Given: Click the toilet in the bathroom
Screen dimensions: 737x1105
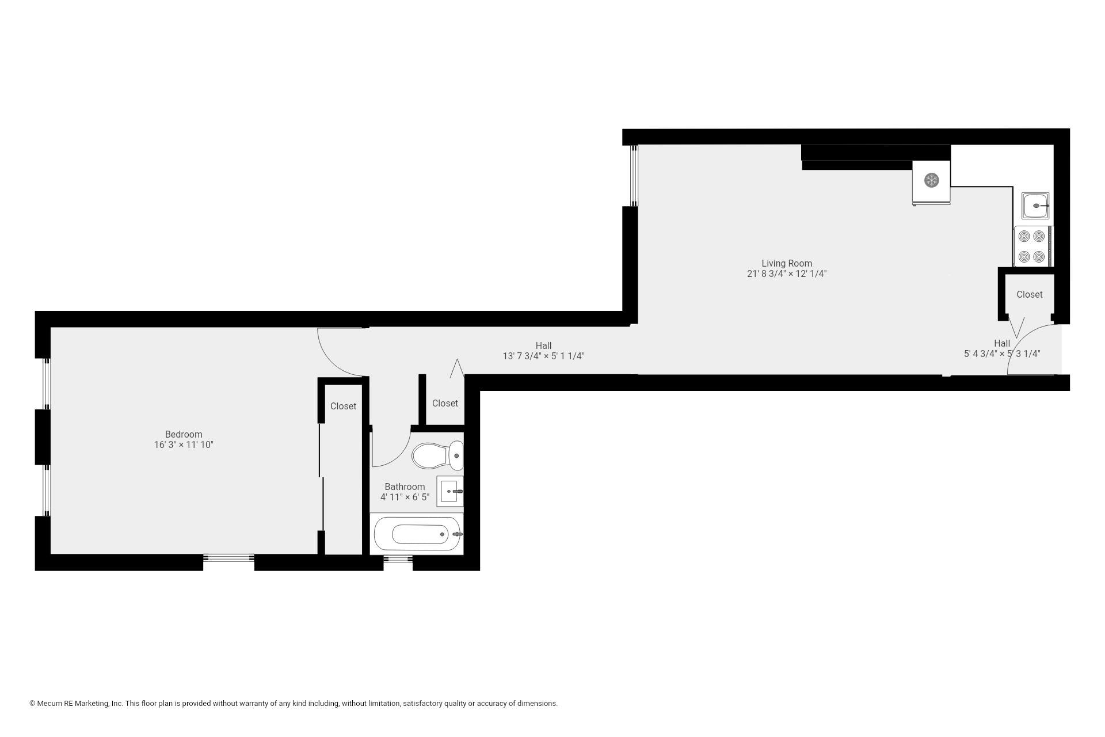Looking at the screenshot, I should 437,455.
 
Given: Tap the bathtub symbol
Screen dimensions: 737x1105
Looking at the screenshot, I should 418,534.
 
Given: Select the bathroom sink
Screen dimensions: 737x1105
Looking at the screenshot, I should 449,491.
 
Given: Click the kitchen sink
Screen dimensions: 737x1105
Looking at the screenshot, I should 1035,206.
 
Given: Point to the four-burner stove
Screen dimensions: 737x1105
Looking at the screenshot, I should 1031,246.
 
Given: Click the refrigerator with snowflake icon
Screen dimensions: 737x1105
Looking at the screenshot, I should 931,181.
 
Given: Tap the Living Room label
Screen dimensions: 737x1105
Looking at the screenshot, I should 786,264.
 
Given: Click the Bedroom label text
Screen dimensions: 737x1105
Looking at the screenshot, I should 184,435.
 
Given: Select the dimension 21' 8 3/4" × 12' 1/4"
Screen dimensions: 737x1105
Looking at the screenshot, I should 786,274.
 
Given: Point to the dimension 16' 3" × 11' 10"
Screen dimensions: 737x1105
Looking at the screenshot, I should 184,445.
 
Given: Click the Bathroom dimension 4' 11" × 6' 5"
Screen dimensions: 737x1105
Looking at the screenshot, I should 405,497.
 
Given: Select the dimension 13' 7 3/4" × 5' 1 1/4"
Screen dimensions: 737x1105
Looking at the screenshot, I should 543,356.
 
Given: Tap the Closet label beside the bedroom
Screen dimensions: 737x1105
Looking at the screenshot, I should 343,407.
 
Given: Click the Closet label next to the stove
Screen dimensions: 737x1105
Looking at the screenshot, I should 1029,295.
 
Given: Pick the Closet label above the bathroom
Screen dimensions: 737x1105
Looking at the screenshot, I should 445,404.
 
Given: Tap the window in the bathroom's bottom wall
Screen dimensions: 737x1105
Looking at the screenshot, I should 398,559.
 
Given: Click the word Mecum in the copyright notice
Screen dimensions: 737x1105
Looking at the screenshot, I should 48,704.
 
